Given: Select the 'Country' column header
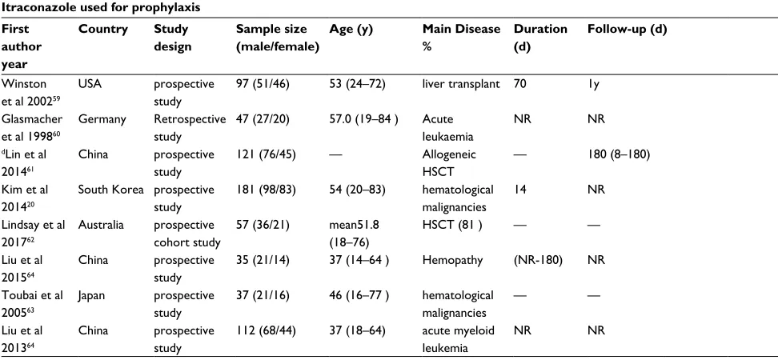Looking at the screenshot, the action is coord(103,30).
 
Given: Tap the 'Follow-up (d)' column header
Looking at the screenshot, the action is coord(628,30).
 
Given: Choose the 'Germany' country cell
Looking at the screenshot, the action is coord(102,119).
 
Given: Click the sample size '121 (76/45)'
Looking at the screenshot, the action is coord(266,154).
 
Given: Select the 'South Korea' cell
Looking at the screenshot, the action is coord(111,190).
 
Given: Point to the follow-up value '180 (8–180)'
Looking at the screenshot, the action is coord(619,154).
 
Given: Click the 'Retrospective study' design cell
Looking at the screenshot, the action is coord(190,129).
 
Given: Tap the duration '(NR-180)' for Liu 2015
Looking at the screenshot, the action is coord(538,260).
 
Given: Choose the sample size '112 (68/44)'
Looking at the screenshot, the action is coord(266,330).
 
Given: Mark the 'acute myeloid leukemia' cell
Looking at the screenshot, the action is coord(459,340).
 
